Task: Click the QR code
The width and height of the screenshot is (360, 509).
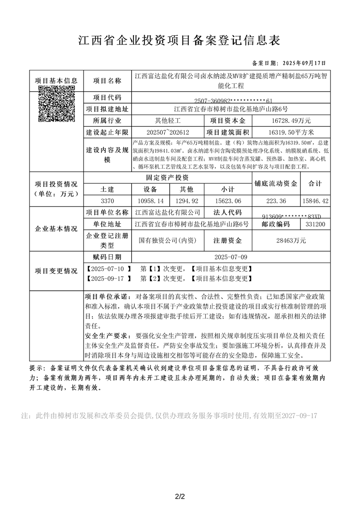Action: point(57,103)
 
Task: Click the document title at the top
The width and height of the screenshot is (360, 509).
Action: point(180,40)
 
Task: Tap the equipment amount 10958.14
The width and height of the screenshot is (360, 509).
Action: point(151,201)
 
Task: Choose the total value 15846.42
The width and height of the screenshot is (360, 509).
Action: point(315,201)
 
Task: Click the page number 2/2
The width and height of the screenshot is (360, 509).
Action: point(180,484)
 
